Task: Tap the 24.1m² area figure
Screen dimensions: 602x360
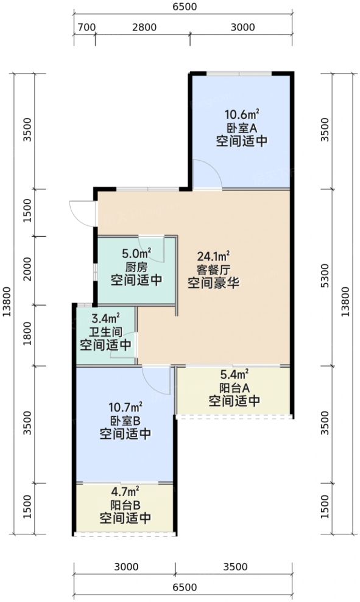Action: [x=213, y=256]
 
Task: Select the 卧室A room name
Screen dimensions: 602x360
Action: [x=242, y=128]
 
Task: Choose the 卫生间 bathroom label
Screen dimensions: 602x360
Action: [x=105, y=332]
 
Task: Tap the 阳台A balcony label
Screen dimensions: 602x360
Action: [x=235, y=388]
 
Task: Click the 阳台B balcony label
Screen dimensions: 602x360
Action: [x=125, y=505]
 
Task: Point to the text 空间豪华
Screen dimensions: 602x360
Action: [x=213, y=284]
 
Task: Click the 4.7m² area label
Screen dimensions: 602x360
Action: [x=125, y=491]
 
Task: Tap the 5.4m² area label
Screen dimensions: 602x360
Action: [x=235, y=374]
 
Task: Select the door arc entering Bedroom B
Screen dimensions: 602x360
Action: [x=156, y=380]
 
